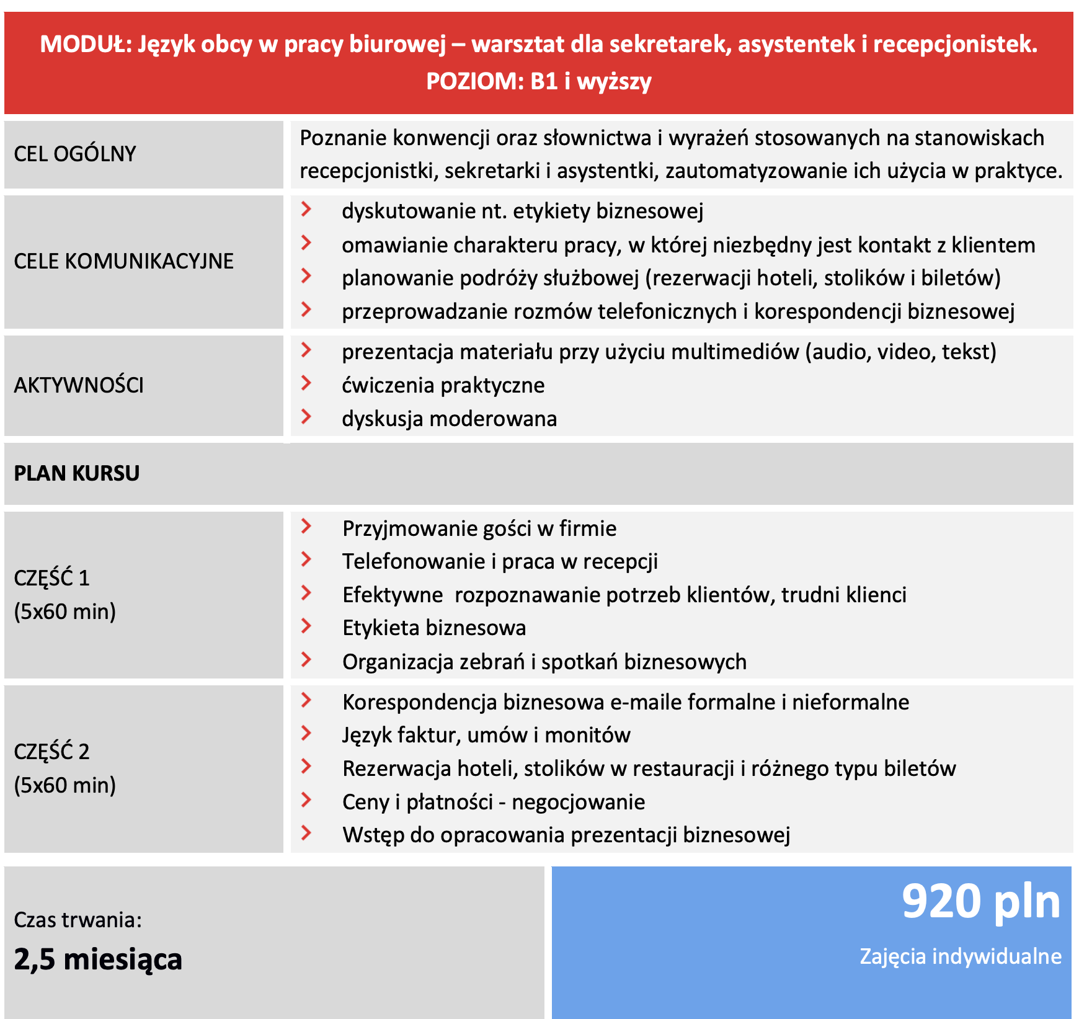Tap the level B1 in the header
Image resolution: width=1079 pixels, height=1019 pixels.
pos(544,81)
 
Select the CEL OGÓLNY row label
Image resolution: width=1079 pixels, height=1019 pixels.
pos(75,154)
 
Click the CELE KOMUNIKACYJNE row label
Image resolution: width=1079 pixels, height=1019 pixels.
pos(124,261)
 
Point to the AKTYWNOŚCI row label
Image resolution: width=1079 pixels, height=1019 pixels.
pos(79,385)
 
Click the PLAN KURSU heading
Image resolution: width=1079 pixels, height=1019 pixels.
pos(77,473)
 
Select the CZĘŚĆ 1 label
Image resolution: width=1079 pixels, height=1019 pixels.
pos(52,578)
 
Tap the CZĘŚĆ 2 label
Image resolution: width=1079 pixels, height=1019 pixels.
pos(52,752)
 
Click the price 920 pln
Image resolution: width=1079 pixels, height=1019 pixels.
pos(980,902)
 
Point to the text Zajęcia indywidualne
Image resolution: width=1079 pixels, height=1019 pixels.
pos(960,956)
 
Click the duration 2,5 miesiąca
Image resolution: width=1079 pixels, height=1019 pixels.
pos(98,959)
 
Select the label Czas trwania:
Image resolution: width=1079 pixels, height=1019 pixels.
pos(78,920)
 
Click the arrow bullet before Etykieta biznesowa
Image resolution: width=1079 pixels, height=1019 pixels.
pos(306,626)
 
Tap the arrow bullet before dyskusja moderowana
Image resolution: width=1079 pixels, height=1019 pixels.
pos(306,416)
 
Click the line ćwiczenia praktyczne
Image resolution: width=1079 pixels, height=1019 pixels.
pos(443,385)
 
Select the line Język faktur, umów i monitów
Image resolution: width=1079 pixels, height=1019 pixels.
pos(486,735)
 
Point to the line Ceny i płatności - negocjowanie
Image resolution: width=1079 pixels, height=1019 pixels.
pos(494,802)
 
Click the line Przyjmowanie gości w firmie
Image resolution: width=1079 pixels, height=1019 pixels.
pos(479,528)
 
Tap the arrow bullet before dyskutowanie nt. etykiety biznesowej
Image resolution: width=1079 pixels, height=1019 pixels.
pos(306,209)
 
